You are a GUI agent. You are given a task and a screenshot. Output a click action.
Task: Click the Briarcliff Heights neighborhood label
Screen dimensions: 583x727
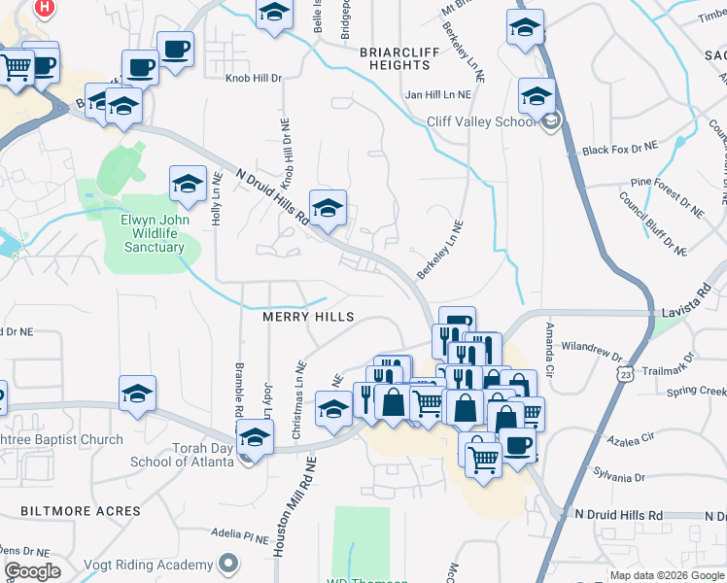tap(395, 57)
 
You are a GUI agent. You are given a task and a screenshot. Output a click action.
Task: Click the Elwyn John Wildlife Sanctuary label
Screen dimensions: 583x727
tap(154, 233)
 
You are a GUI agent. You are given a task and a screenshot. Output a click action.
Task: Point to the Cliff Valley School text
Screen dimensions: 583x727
tap(481, 121)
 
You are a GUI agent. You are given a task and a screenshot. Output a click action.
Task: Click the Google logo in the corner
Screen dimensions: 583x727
tap(31, 571)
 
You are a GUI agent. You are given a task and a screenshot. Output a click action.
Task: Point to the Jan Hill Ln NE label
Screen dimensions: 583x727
tap(438, 95)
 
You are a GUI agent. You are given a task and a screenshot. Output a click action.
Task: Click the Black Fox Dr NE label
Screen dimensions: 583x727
tap(620, 149)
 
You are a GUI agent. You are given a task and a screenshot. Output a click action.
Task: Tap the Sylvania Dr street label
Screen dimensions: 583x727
tap(619, 477)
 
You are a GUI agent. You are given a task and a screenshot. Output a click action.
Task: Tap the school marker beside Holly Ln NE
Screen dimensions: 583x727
tap(188, 183)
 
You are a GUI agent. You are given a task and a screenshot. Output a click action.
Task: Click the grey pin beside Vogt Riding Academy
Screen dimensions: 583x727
tap(227, 563)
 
